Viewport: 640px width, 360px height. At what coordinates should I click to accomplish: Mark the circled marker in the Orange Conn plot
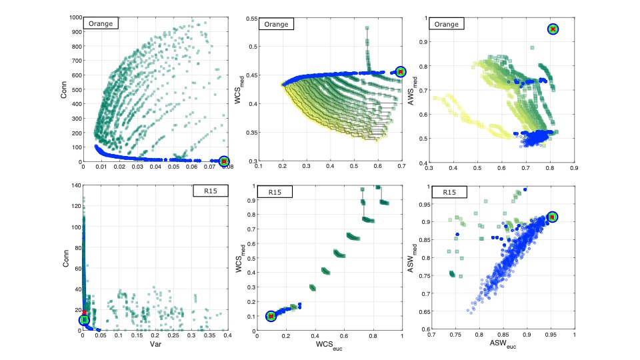224,161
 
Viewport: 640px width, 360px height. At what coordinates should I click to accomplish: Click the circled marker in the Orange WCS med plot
400,71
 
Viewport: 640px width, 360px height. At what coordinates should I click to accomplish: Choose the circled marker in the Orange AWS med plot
553,29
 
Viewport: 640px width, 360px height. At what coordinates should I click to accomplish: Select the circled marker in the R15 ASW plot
552,217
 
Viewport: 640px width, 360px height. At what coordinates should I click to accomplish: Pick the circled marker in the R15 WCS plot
271,316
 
